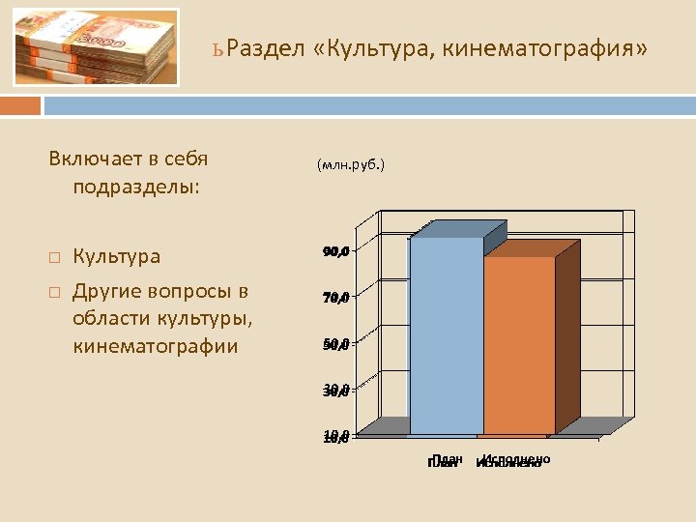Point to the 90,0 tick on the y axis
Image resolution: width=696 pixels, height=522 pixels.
[x=336, y=252]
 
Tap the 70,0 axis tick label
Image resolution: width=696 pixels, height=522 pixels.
[x=336, y=298]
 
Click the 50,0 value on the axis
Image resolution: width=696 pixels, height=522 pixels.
[x=336, y=344]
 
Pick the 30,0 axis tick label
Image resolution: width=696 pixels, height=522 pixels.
[x=336, y=391]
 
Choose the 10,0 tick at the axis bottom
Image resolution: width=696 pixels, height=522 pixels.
[x=336, y=437]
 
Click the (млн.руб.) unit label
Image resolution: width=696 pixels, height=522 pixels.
[x=350, y=165]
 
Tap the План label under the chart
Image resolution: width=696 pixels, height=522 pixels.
[x=445, y=461]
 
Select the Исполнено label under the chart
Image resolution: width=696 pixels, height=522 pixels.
[x=513, y=461]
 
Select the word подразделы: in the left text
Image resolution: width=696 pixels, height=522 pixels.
[x=135, y=185]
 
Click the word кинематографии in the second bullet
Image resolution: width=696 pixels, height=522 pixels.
[x=155, y=345]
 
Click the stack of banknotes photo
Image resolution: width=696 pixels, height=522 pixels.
[x=97, y=47]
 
